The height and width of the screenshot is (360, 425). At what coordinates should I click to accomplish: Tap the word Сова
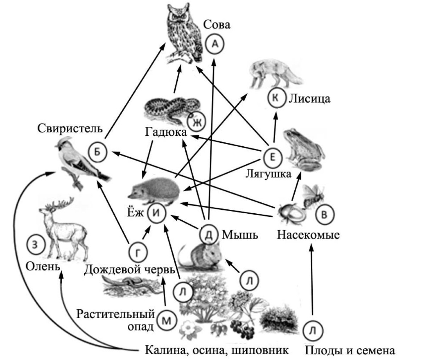[217, 25]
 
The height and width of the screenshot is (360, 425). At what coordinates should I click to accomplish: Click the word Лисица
[309, 99]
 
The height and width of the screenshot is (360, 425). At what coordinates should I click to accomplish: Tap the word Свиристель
[70, 128]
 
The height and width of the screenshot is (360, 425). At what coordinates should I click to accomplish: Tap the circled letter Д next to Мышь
[209, 234]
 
